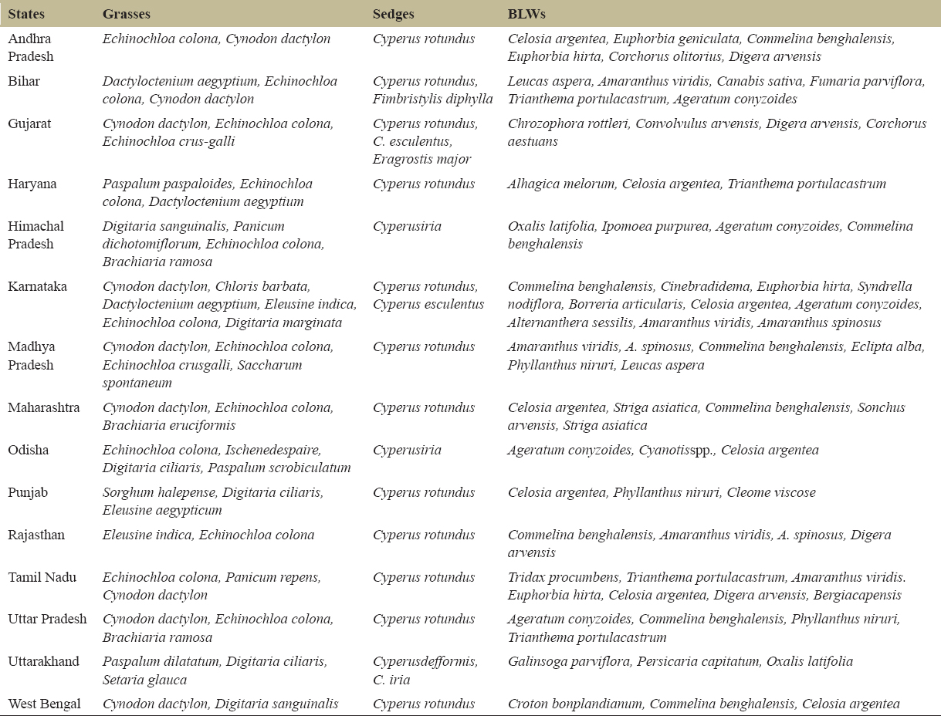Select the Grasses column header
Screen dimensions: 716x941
click(x=126, y=14)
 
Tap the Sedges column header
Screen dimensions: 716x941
click(x=393, y=14)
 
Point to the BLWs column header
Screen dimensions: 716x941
click(x=527, y=14)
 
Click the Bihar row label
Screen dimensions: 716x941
click(x=24, y=81)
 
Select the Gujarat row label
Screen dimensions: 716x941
click(x=29, y=123)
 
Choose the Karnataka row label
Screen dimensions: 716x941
click(x=37, y=286)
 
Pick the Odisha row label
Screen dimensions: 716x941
click(x=28, y=450)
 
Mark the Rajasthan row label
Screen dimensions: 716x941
click(x=36, y=535)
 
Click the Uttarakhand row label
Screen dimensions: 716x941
click(x=43, y=661)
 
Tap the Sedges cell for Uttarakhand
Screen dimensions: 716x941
click(x=425, y=670)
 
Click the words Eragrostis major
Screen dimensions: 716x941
click(x=421, y=159)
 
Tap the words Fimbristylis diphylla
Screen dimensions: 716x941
click(x=432, y=99)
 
